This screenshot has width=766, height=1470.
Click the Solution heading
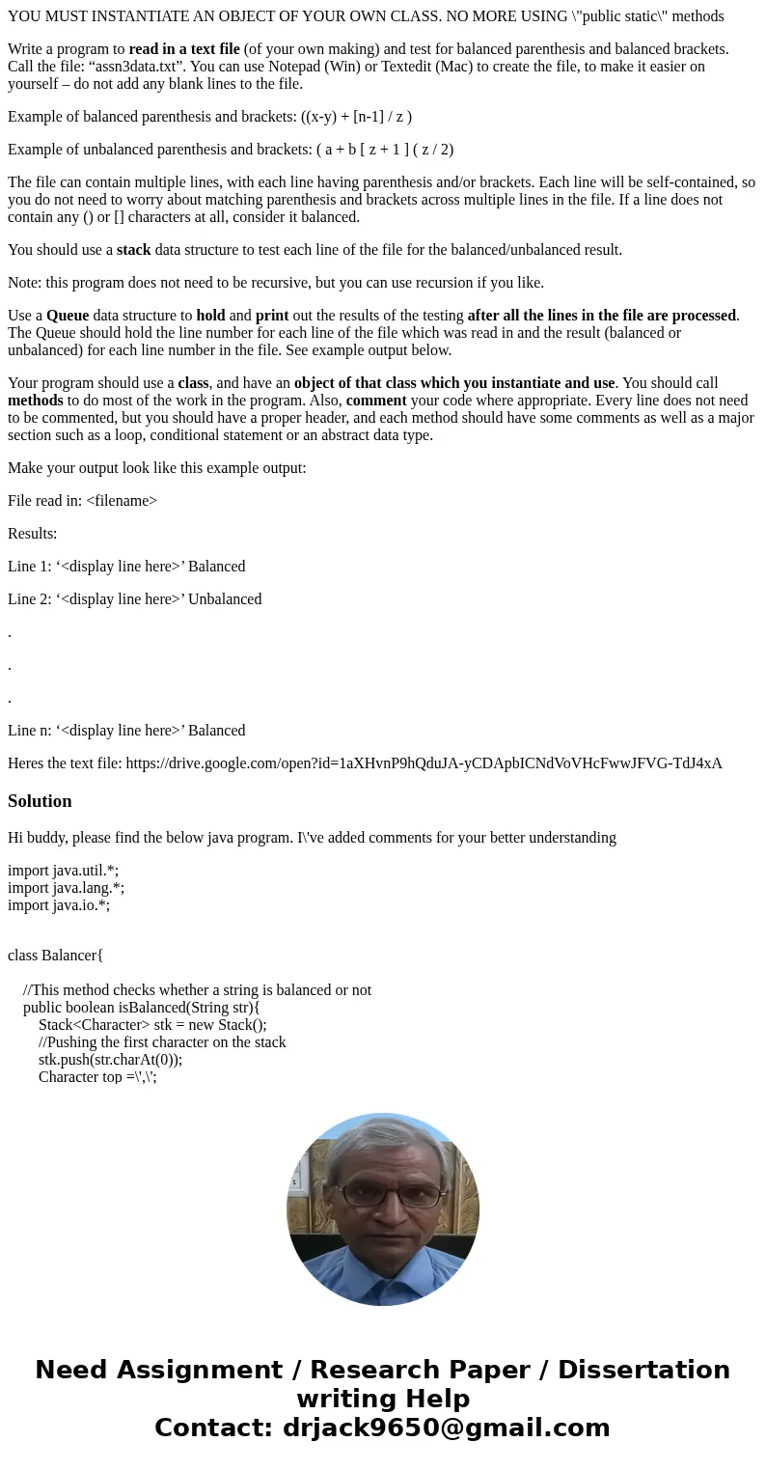40,801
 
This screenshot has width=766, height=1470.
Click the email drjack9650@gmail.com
446,1428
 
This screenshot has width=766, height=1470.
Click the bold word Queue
68,316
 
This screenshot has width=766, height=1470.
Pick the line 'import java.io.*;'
59,905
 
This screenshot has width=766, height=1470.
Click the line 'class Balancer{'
55,956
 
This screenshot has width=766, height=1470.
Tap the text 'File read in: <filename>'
82,501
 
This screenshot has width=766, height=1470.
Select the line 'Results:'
32,534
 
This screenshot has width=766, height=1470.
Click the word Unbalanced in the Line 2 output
225,599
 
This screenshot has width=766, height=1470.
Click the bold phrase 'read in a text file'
184,49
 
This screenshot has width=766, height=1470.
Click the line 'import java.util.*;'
63,871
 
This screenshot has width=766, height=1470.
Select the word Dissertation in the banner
643,1371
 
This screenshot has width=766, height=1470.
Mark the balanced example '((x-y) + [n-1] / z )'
356,117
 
